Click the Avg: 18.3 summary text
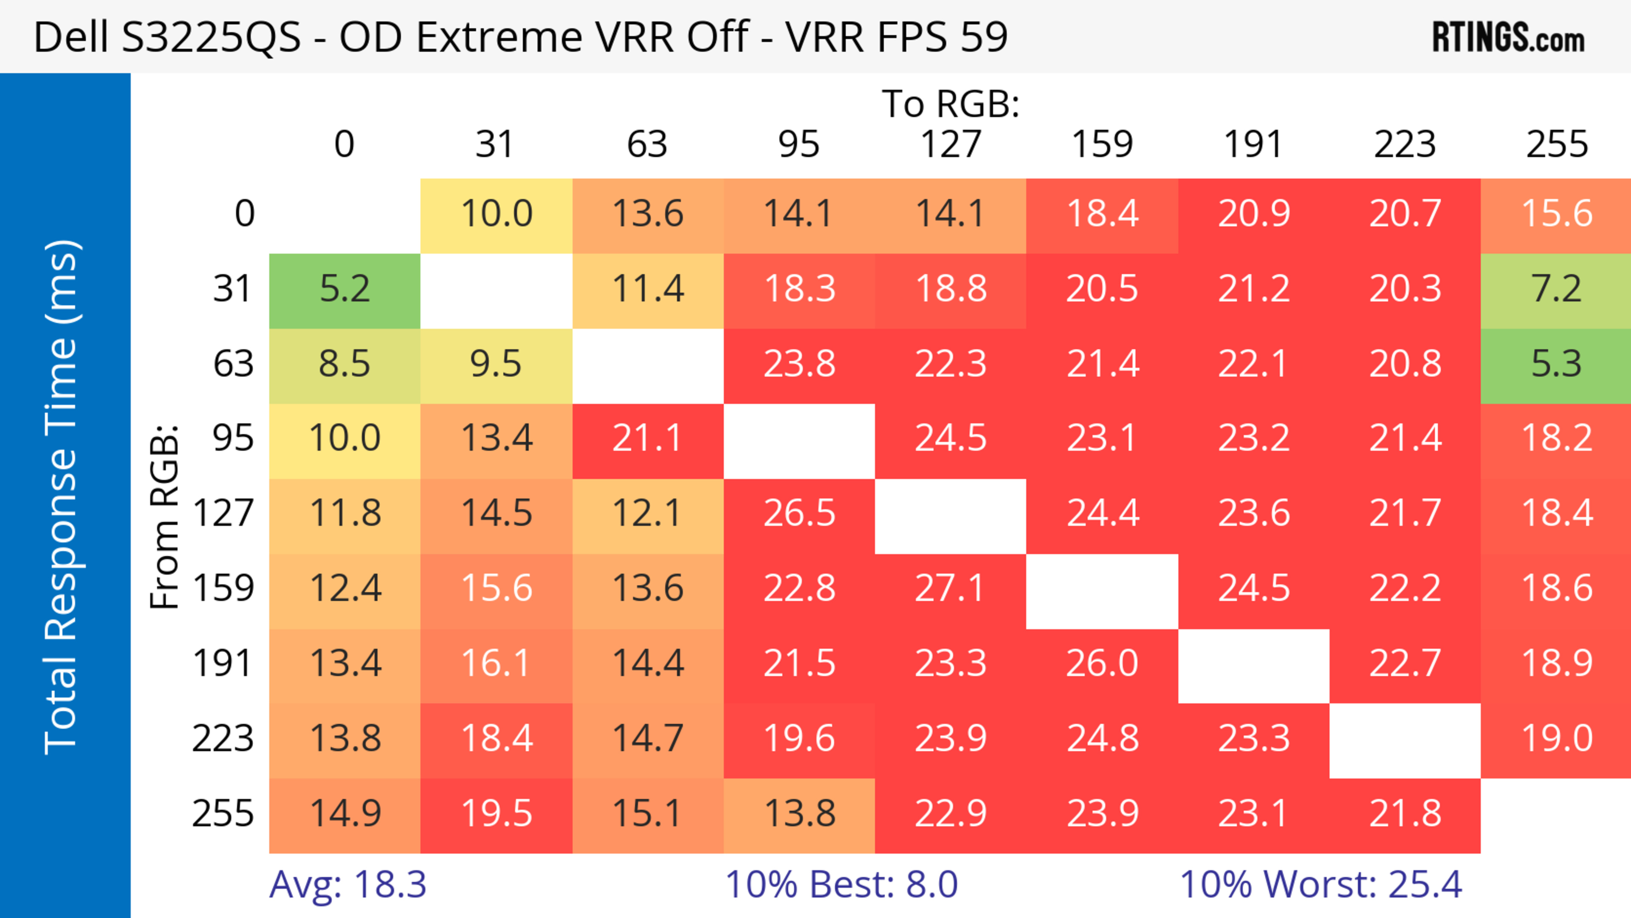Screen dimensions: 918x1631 (347, 884)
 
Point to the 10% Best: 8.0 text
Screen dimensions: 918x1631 (841, 884)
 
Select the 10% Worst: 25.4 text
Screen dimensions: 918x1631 (1321, 884)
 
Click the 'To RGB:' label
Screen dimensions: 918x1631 (951, 103)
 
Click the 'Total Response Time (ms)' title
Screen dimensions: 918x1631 (62, 497)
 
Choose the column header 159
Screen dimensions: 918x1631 (1102, 144)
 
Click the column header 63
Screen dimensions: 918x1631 (647, 144)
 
